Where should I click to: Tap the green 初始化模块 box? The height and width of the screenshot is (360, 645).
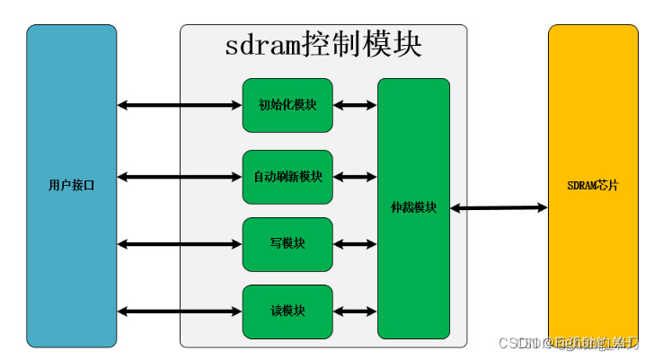pyautogui.click(x=287, y=105)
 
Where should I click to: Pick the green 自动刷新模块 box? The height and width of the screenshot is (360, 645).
pyautogui.click(x=287, y=177)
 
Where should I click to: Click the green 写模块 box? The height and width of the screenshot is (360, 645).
pyautogui.click(x=287, y=243)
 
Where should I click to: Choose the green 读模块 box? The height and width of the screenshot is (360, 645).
pyautogui.click(x=287, y=312)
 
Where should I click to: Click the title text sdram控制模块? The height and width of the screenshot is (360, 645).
pyautogui.click(x=323, y=45)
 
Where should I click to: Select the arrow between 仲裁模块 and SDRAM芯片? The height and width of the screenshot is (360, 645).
pyautogui.click(x=499, y=208)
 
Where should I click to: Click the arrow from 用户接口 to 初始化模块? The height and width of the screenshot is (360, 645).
pyautogui.click(x=180, y=105)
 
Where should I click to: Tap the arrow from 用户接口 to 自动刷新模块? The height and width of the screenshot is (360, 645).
pyautogui.click(x=180, y=177)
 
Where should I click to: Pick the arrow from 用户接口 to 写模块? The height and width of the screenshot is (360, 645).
pyautogui.click(x=180, y=243)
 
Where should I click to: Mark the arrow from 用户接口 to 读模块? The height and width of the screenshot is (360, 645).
pyautogui.click(x=180, y=312)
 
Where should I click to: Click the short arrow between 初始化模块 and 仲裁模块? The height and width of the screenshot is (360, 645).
pyautogui.click(x=355, y=105)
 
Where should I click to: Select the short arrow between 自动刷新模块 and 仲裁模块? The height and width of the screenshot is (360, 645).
pyautogui.click(x=355, y=177)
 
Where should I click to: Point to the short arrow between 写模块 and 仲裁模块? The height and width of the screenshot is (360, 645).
pyautogui.click(x=355, y=243)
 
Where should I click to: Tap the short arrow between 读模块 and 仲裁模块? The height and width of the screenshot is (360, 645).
pyautogui.click(x=355, y=312)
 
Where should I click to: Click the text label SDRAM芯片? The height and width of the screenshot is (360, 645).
pyautogui.click(x=592, y=186)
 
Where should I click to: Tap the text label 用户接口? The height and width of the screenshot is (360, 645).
pyautogui.click(x=71, y=186)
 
